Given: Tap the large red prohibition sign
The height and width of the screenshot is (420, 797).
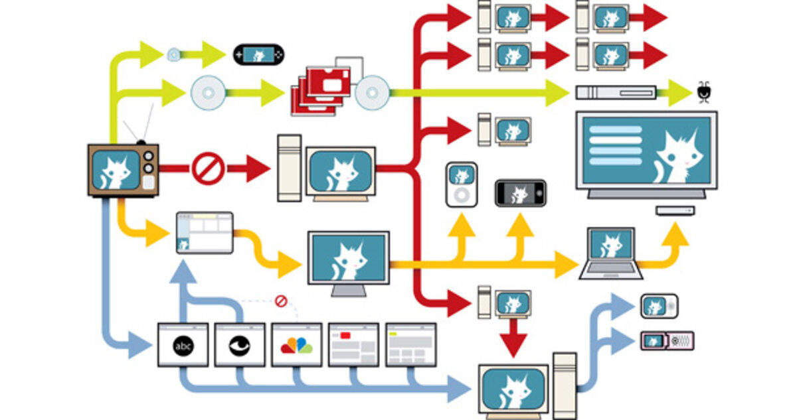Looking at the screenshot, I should pyautogui.click(x=207, y=169).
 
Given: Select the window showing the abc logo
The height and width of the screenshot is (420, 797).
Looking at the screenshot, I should pyautogui.click(x=183, y=344).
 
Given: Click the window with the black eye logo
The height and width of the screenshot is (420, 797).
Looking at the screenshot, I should pyautogui.click(x=240, y=344).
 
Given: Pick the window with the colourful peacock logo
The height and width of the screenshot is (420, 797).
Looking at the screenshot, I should pyautogui.click(x=296, y=344).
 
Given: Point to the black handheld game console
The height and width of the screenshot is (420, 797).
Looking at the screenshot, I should pyautogui.click(x=258, y=54).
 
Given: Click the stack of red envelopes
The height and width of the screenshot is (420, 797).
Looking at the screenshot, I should pyautogui.click(x=321, y=90).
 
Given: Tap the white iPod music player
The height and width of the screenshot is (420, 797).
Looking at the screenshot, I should pyautogui.click(x=461, y=184).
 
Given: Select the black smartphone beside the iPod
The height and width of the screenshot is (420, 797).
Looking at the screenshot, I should pyautogui.click(x=520, y=193).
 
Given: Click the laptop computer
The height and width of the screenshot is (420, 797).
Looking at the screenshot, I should pyautogui.click(x=611, y=253).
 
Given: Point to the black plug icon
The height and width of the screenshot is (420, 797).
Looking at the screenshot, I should pyautogui.click(x=703, y=92).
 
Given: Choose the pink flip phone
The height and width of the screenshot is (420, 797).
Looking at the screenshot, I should pyautogui.click(x=667, y=341).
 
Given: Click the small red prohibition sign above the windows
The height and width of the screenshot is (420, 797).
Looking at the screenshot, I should pyautogui.click(x=280, y=302).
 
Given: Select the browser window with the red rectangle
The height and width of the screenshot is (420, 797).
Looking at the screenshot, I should pyautogui.click(x=353, y=344).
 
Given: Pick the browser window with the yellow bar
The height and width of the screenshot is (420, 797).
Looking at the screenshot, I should pyautogui.click(x=410, y=344).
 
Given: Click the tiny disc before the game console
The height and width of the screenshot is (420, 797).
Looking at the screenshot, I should pyautogui.click(x=174, y=54).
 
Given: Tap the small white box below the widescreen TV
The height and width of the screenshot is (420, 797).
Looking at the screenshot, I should pyautogui.click(x=675, y=210).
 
